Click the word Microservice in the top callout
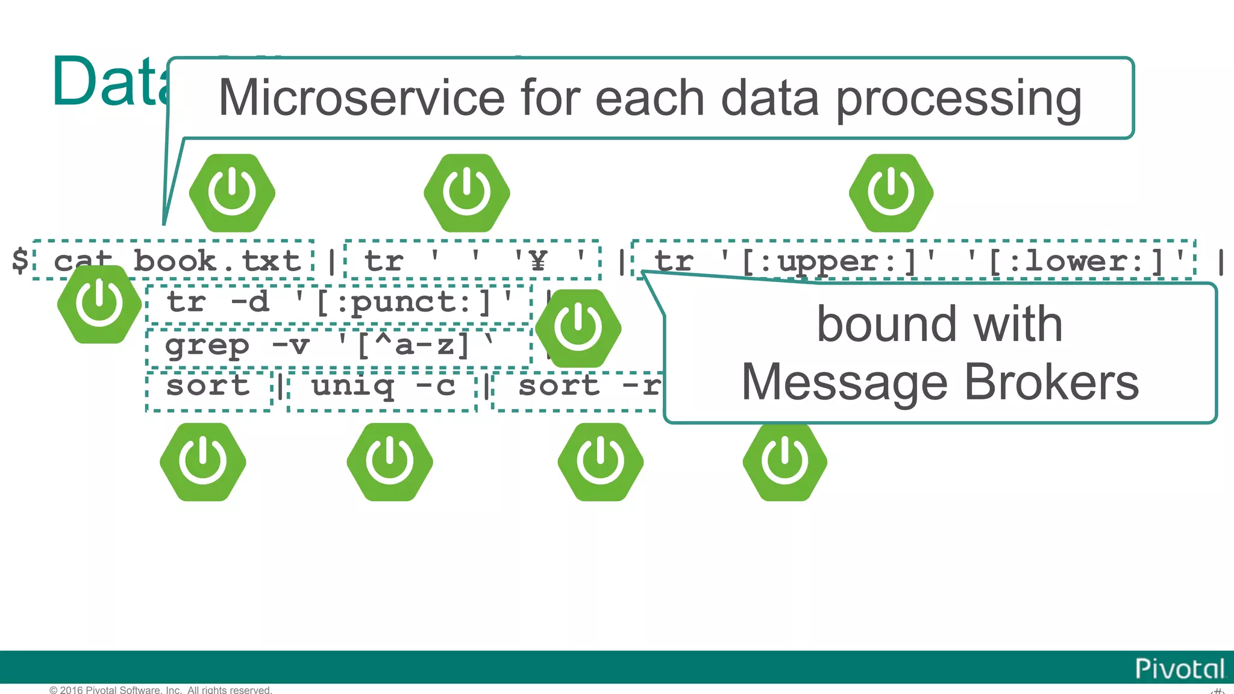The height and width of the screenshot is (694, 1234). pos(362,98)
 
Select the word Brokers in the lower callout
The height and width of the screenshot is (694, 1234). pos(1051,382)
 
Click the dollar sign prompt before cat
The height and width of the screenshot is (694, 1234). pos(20,260)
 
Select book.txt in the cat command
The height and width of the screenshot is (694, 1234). pos(217,261)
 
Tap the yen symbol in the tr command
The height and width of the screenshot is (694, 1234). pos(538,261)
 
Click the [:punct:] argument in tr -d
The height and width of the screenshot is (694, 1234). pos(404,302)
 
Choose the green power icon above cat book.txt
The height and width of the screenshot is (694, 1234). pos(232,193)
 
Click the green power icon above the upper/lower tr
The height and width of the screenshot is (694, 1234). pos(891,193)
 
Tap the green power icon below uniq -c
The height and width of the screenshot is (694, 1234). pos(389,461)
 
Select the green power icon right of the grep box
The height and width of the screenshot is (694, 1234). pos(578,328)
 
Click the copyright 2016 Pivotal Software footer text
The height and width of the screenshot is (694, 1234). pos(160,690)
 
